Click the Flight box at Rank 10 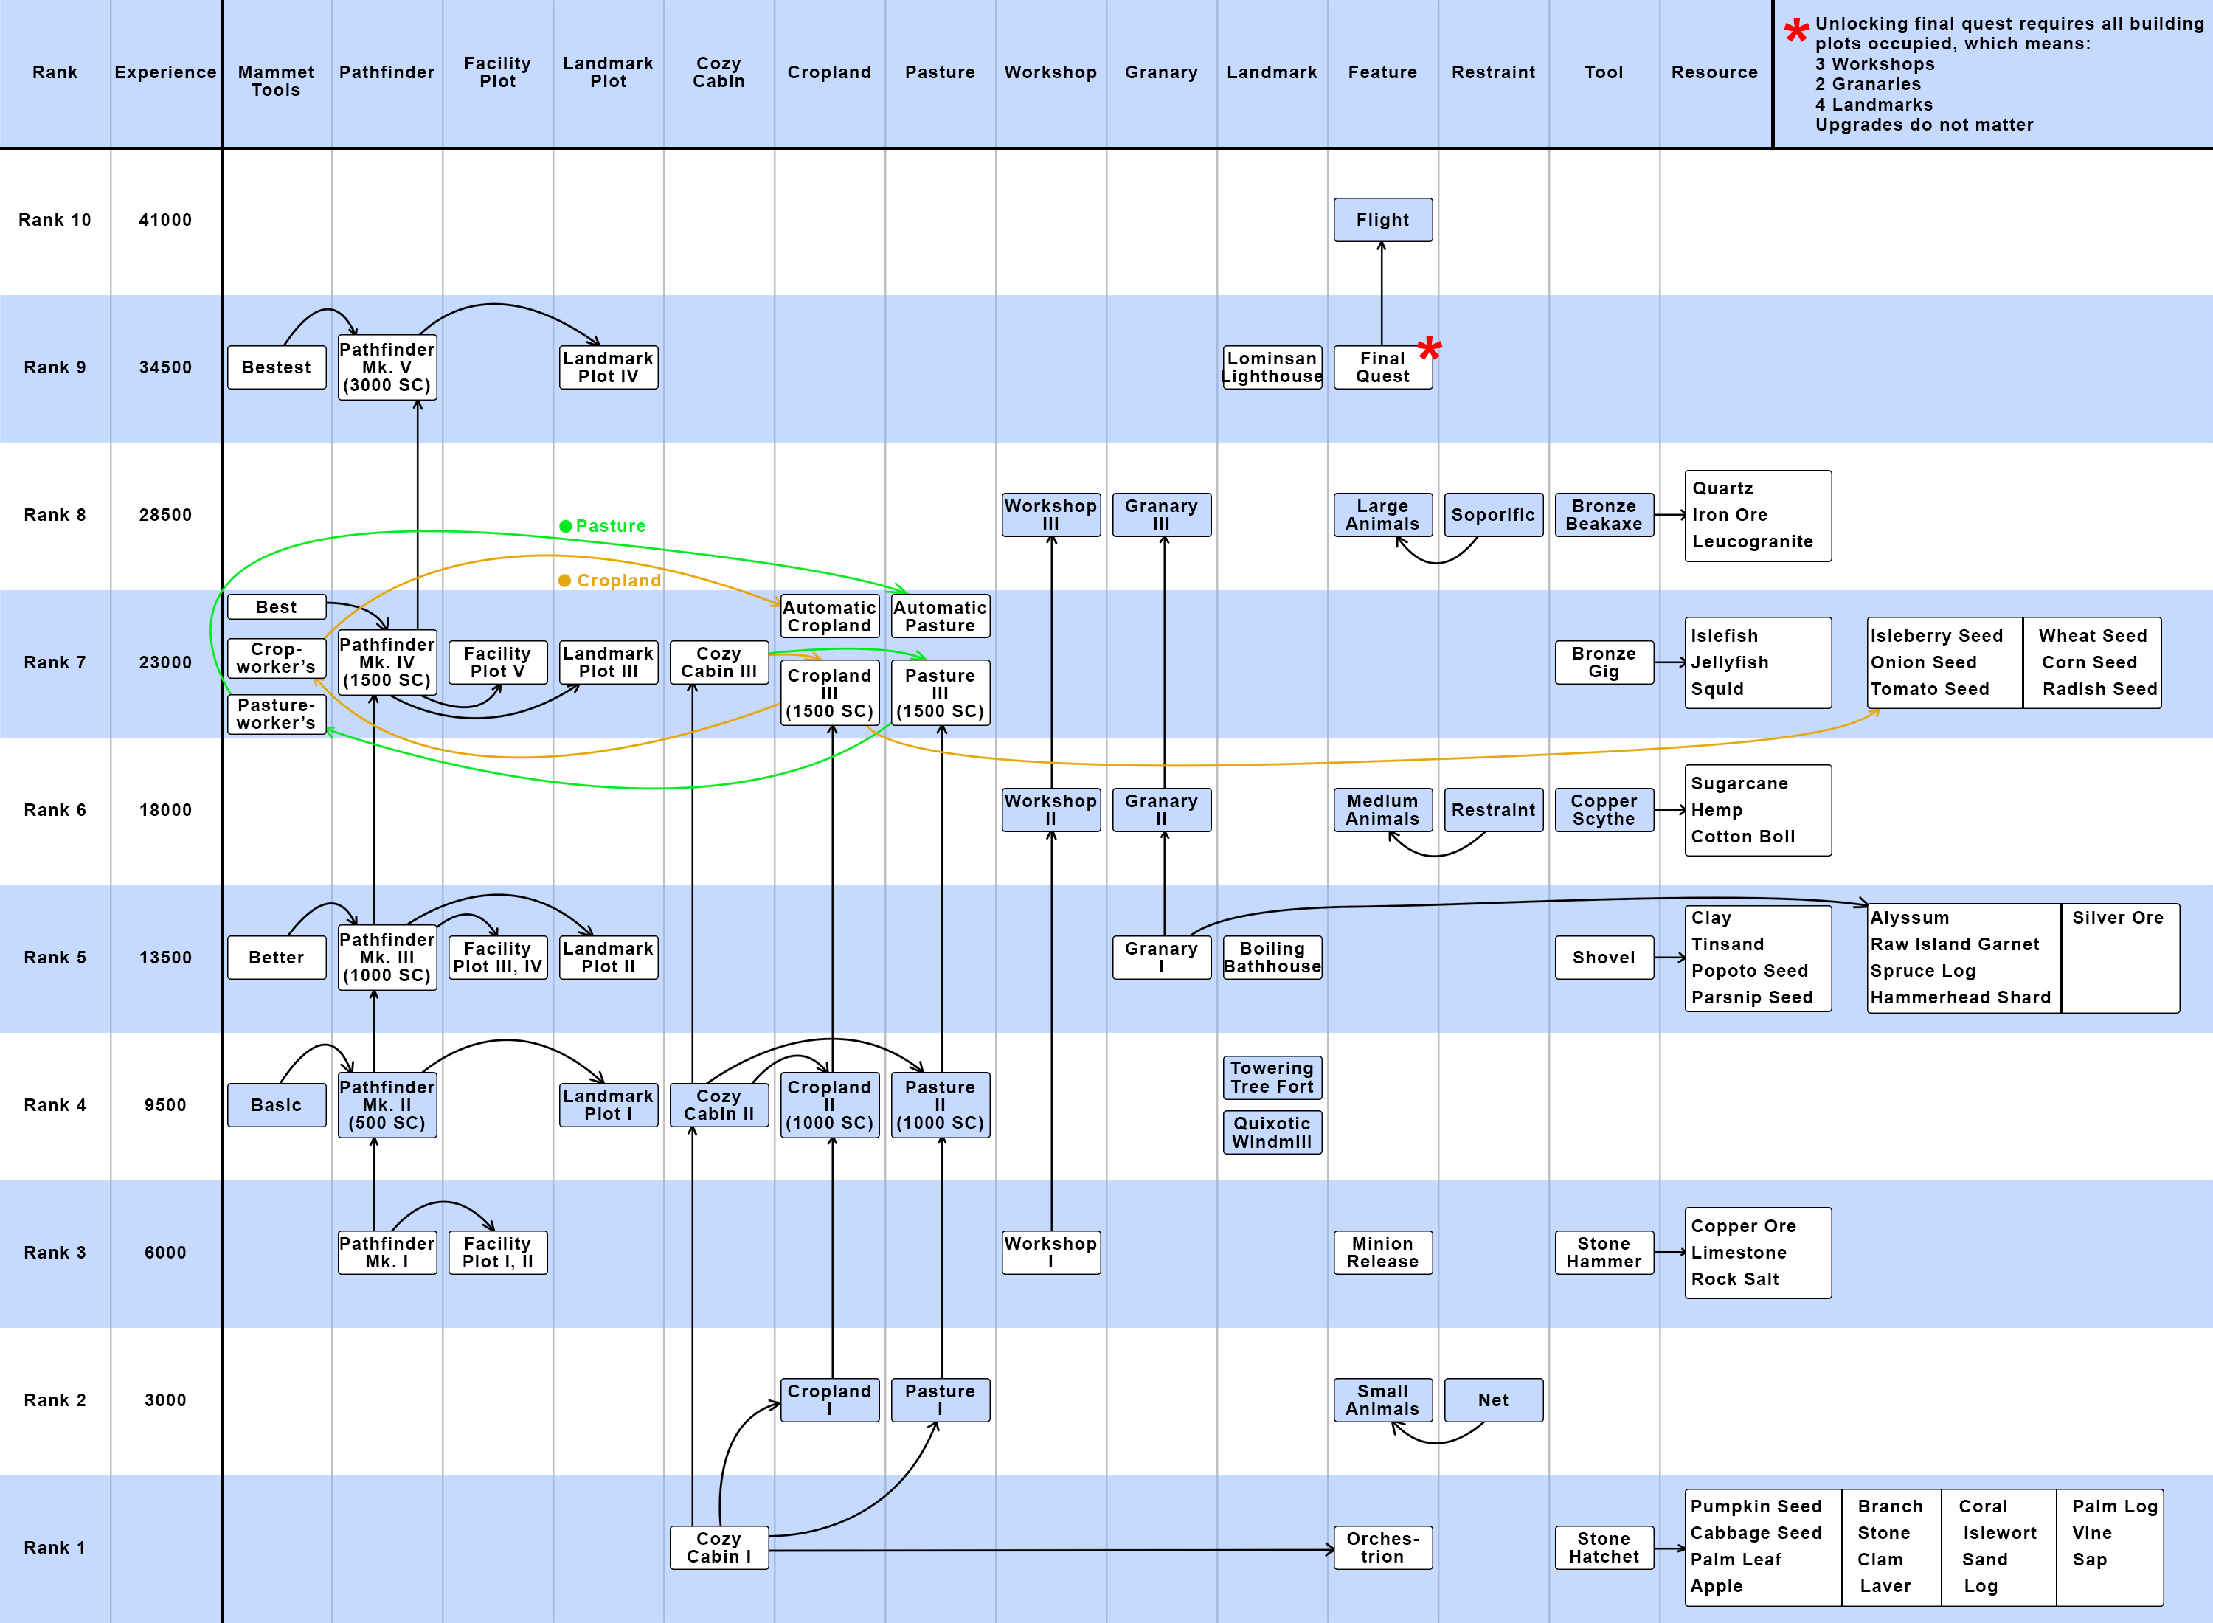point(1382,220)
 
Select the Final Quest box point(1382,367)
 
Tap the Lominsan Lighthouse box point(1271,367)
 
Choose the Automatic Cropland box point(829,617)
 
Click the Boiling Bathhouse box point(1271,957)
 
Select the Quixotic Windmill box point(1271,1132)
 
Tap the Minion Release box point(1382,1253)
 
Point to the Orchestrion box point(1382,1547)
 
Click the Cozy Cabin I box point(718,1547)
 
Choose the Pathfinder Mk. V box point(387,367)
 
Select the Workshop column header point(1050,72)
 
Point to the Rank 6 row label point(55,809)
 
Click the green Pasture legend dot point(566,527)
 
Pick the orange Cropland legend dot point(565,581)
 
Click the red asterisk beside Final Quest point(1429,347)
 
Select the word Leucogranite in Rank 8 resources point(1752,541)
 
